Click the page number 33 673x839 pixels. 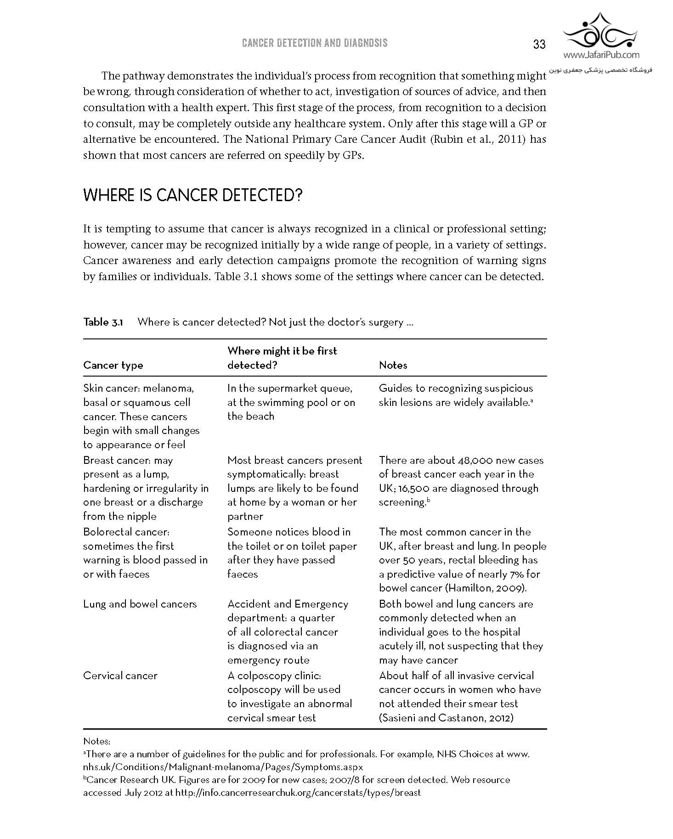pyautogui.click(x=539, y=44)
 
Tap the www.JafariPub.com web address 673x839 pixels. pyautogui.click(x=601, y=56)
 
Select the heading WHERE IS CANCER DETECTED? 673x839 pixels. pyautogui.click(x=192, y=196)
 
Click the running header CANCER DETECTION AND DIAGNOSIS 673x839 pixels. pyautogui.click(x=315, y=43)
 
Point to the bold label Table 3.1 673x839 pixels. pyautogui.click(x=103, y=322)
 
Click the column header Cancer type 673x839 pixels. pyautogui.click(x=113, y=365)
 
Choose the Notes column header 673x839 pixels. pyautogui.click(x=393, y=365)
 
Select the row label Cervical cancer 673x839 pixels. pyautogui.click(x=120, y=676)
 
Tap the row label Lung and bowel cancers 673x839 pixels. pyautogui.click(x=140, y=604)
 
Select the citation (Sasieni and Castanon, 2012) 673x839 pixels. pyautogui.click(x=446, y=718)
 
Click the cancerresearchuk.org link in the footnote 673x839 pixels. pyautogui.click(x=298, y=792)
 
